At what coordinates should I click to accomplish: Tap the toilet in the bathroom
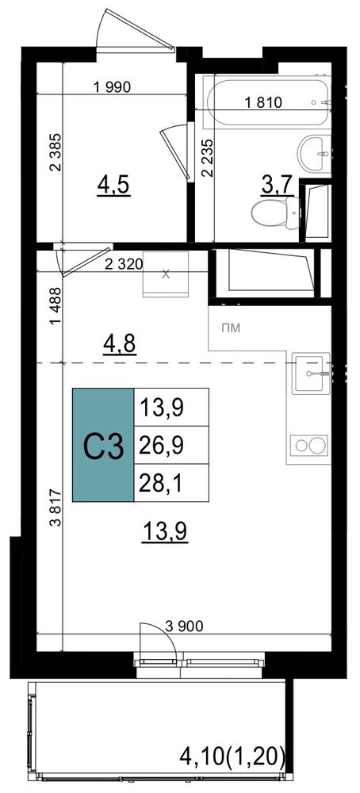tap(276, 212)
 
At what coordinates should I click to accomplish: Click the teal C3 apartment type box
tap(103, 445)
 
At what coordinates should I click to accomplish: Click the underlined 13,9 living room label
tap(166, 532)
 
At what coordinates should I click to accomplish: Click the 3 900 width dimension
tap(184, 626)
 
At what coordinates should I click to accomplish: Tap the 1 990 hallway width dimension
tap(113, 87)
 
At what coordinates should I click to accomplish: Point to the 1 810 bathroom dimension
tap(263, 102)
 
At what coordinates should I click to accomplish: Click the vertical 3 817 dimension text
tap(56, 508)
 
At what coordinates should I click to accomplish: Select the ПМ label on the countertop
tap(231, 328)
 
